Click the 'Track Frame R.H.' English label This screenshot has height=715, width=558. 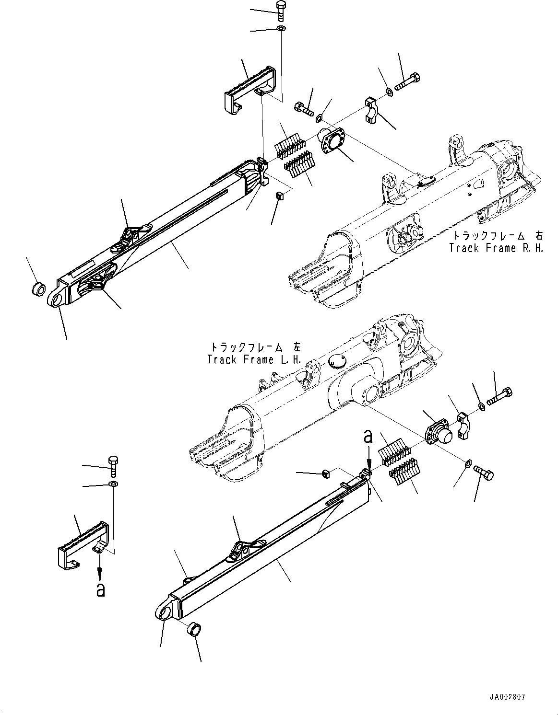point(496,248)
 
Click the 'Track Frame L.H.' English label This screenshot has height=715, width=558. point(254,359)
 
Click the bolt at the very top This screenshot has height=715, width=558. point(281,10)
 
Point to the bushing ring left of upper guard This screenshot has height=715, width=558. point(38,289)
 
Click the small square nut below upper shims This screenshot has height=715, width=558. point(278,196)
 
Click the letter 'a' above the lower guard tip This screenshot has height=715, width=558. point(368,437)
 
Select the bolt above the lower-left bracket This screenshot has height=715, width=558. point(113,465)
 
